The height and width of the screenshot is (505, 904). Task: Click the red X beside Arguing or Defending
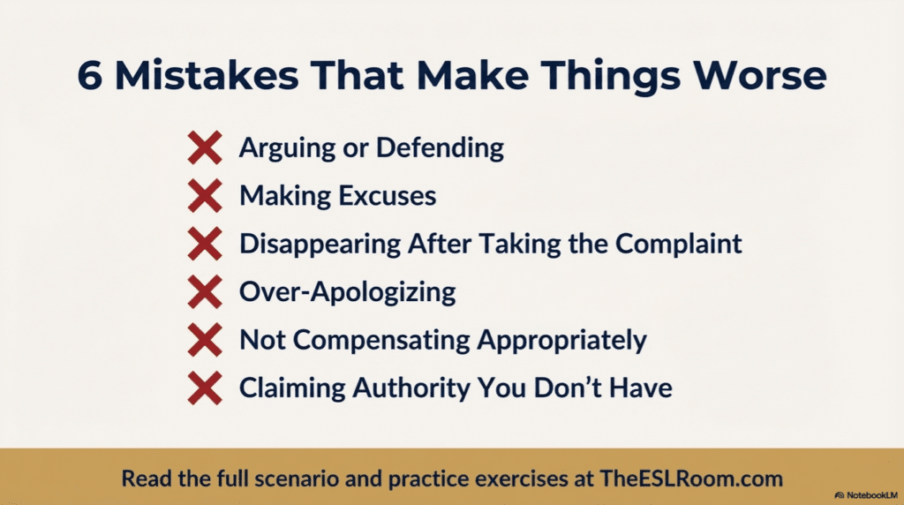(x=205, y=147)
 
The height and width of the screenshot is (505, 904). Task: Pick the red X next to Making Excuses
(x=205, y=196)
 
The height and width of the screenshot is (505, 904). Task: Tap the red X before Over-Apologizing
(x=205, y=292)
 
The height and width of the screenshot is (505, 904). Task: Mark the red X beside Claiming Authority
(x=205, y=388)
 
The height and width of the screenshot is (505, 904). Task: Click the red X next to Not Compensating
(x=205, y=340)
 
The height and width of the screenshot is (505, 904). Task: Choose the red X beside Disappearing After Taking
(x=205, y=244)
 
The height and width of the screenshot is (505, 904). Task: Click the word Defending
(x=440, y=147)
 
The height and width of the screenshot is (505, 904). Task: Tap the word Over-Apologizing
(x=347, y=292)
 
